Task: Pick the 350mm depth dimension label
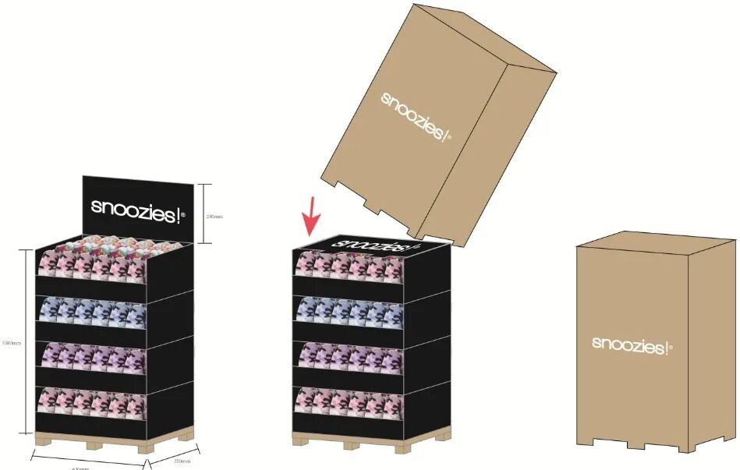point(182,461)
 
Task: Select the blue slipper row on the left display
point(92,314)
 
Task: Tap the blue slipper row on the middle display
point(349,314)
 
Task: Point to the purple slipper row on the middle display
point(349,359)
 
